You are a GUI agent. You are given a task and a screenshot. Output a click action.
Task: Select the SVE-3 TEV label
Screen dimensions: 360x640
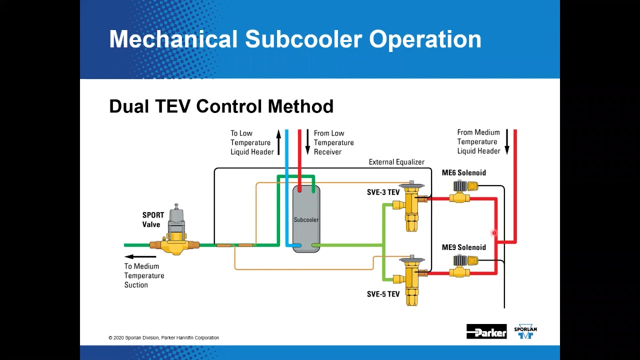click(383, 192)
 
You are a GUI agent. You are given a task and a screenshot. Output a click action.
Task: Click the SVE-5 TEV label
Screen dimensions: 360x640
click(383, 294)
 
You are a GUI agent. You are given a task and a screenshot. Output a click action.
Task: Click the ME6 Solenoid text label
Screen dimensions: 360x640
click(463, 173)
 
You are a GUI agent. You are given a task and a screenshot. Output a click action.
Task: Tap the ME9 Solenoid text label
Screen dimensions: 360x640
click(463, 247)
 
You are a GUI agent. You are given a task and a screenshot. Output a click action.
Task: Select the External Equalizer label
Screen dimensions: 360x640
click(396, 162)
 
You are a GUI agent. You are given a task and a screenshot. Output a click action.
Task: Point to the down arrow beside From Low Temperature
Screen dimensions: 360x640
click(307, 142)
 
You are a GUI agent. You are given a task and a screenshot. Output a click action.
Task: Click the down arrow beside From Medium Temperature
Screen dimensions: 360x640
click(506, 141)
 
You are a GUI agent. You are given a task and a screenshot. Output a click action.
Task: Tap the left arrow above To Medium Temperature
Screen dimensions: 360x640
click(140, 256)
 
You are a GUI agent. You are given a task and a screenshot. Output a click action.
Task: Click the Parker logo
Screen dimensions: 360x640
click(486, 331)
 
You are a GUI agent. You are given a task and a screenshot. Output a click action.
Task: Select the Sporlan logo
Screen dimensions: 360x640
click(525, 331)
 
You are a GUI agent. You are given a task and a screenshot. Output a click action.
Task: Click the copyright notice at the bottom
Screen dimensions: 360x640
click(163, 338)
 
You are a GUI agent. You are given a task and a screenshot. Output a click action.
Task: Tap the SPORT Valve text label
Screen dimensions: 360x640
click(153, 220)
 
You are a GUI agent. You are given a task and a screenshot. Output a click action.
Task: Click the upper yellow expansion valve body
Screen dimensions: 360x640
click(412, 205)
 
